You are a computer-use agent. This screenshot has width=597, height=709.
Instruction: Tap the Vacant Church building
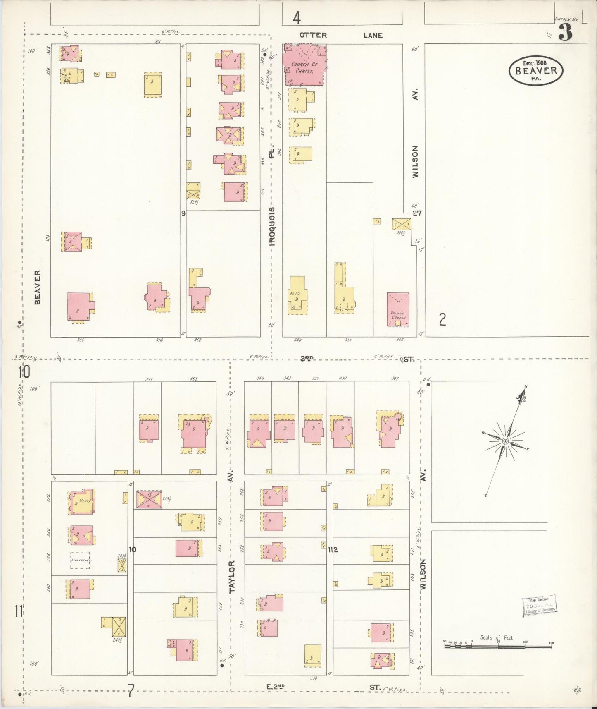pos(398,309)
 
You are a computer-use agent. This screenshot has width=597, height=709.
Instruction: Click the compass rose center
pos(505,441)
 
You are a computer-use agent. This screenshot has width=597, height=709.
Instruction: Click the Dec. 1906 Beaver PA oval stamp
pos(536,70)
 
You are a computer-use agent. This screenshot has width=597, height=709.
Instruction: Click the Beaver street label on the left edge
pos(38,287)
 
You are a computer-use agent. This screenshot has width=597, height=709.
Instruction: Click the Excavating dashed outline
pos(80,560)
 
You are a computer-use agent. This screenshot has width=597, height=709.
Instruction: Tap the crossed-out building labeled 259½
pos(149,499)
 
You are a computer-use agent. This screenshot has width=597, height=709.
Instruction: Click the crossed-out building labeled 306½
pos(401,224)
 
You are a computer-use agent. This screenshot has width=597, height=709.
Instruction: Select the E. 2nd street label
pos(276,687)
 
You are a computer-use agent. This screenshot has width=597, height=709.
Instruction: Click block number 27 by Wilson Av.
pos(417,213)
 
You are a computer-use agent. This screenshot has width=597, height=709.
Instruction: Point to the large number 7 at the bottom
pos(131,689)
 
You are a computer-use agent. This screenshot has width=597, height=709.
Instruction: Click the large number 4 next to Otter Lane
pos(296,18)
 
